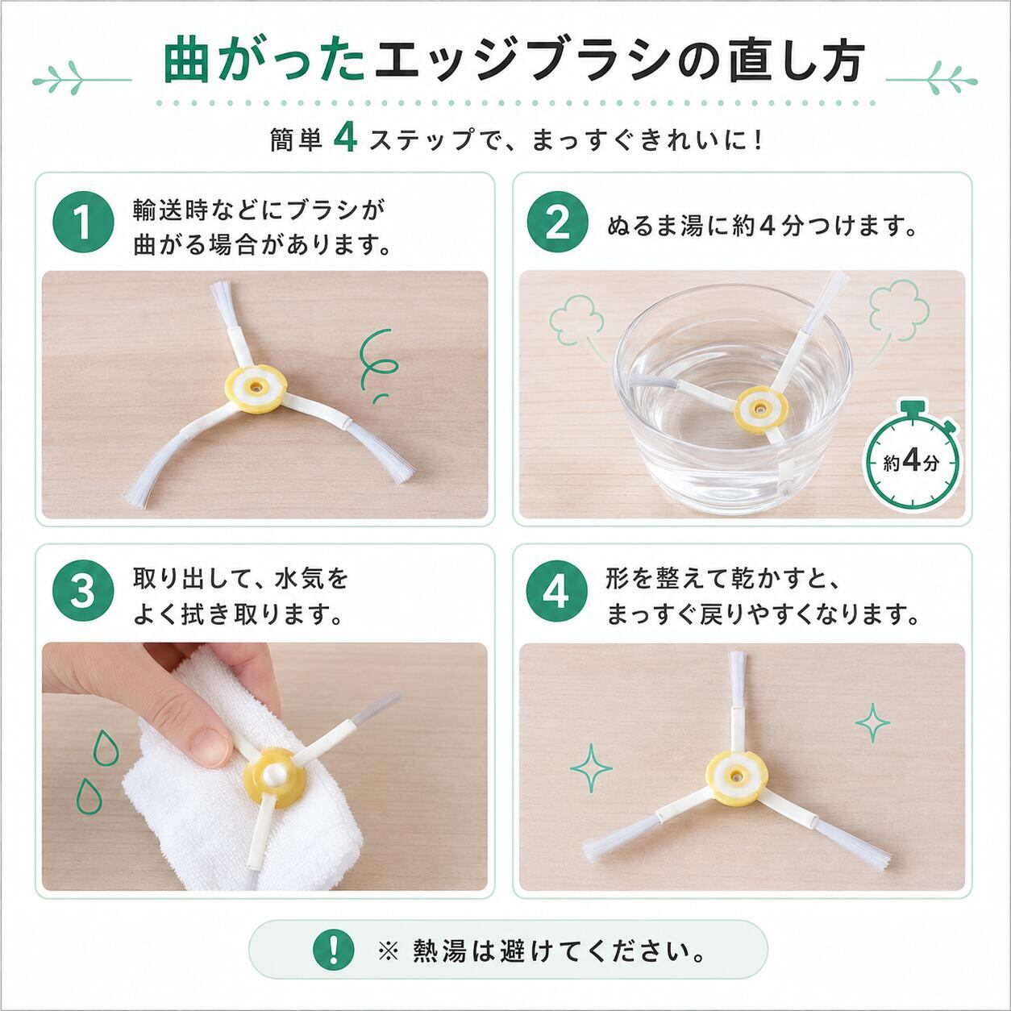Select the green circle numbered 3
click(83, 593)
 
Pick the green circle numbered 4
click(557, 593)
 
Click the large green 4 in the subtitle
click(345, 139)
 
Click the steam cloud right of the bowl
click(898, 314)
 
